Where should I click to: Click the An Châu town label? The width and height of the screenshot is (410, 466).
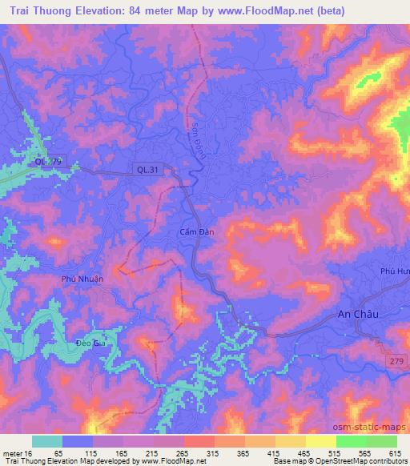click(x=357, y=315)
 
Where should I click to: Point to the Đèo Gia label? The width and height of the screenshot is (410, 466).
click(x=90, y=342)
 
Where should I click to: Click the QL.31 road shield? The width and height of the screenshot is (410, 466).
click(x=147, y=169)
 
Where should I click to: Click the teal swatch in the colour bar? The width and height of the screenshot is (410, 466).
click(x=46, y=441)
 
